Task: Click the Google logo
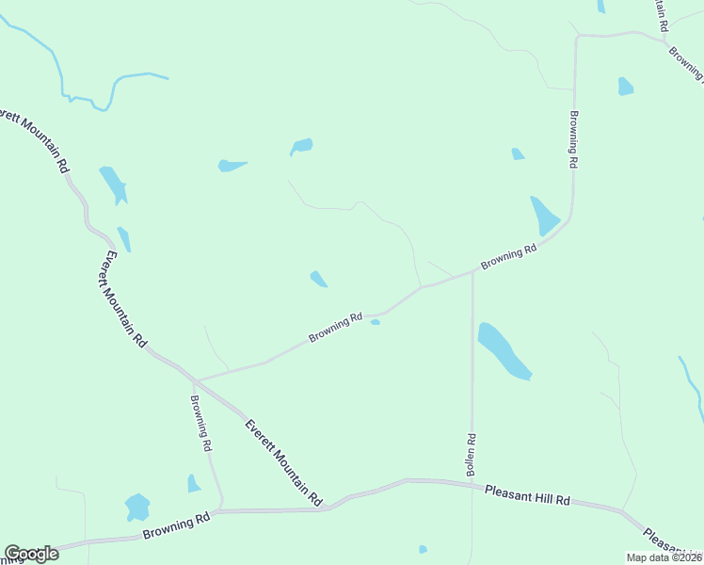pos(31,554)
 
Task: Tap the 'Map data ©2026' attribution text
pos(664,557)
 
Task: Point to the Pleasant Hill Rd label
pos(528,495)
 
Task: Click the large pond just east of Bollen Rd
pos(504,350)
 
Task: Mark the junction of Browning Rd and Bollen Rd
pos(472,274)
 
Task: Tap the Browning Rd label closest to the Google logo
pos(176,526)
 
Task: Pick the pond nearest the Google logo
pos(137,508)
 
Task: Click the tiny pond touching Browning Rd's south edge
pos(376,322)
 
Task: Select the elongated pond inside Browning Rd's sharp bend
pos(544,217)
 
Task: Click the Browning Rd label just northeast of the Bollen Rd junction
pos(508,257)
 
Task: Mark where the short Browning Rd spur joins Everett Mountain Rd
pos(196,380)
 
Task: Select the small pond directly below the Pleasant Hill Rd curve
pos(423,549)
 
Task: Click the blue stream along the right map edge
pos(694,386)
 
